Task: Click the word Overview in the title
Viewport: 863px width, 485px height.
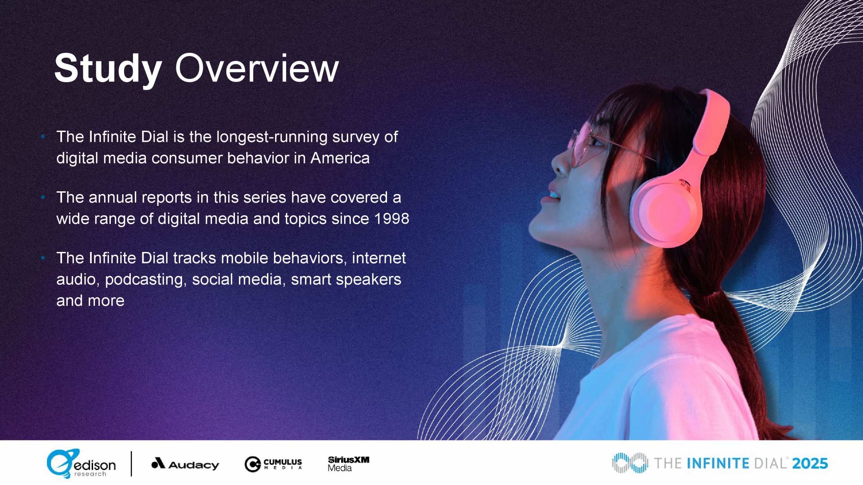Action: click(257, 68)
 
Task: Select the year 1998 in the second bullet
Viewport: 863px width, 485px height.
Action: click(392, 219)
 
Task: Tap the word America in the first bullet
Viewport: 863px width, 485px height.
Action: click(340, 158)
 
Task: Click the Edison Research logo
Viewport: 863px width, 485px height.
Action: click(81, 464)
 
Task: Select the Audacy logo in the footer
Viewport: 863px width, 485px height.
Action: click(185, 464)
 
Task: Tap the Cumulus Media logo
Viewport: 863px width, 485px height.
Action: click(273, 464)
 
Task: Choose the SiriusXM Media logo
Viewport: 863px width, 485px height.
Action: click(349, 464)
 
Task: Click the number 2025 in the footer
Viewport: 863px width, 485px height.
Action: click(810, 464)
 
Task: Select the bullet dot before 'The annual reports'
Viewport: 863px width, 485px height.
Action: click(42, 198)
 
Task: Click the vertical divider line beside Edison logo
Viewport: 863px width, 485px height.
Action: click(131, 464)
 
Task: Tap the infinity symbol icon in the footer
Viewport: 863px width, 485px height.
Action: click(630, 463)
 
